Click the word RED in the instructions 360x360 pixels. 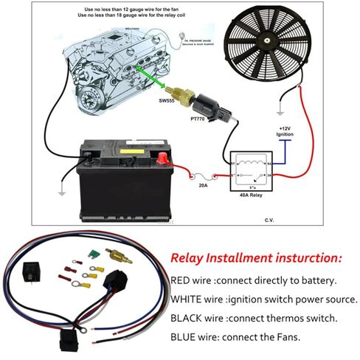(x=181, y=281)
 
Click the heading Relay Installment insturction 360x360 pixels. (x=256, y=259)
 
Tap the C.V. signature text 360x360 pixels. (x=270, y=220)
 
